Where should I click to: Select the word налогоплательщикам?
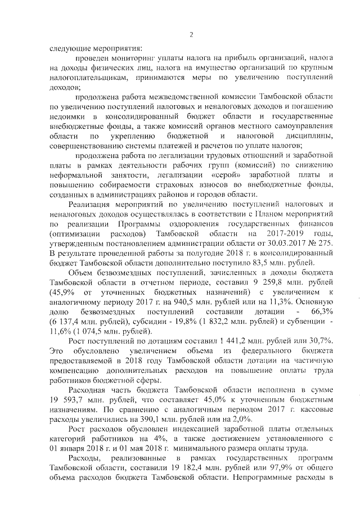pos(83,78)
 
